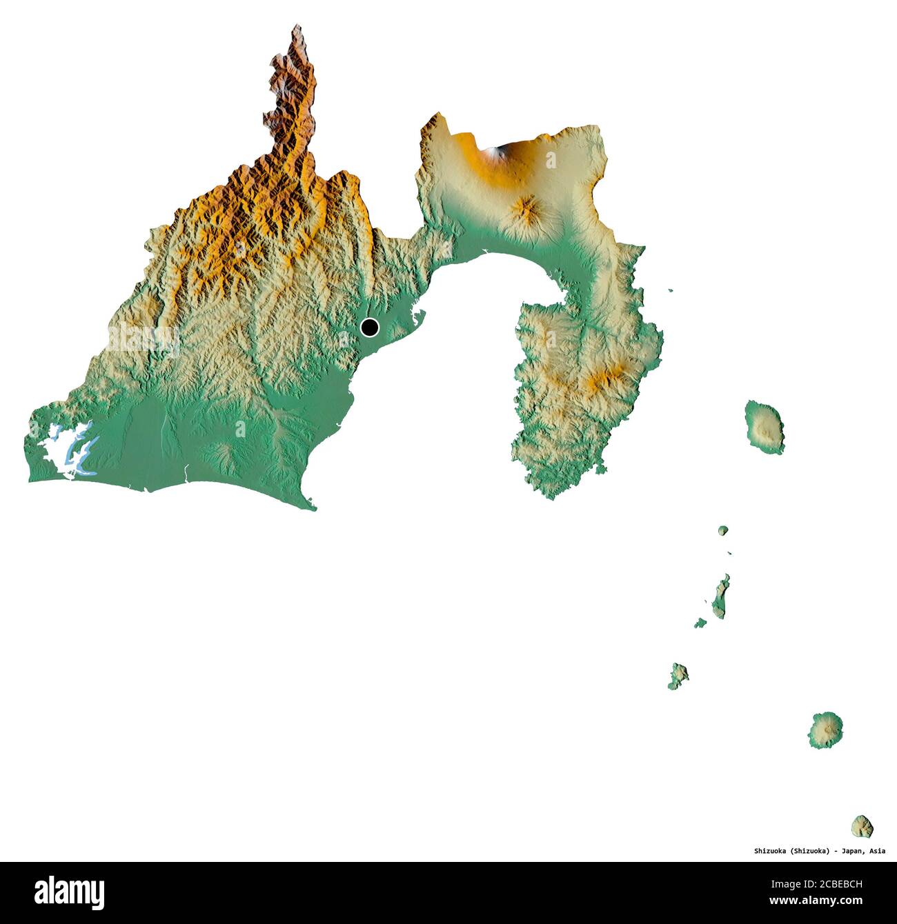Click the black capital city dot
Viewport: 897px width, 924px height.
click(370, 327)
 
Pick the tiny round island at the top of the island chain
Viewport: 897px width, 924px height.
click(722, 530)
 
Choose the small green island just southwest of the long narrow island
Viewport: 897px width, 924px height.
click(700, 623)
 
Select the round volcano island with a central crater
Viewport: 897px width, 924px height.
click(825, 730)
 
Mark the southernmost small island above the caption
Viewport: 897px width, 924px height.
click(862, 825)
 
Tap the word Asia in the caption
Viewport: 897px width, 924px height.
click(877, 851)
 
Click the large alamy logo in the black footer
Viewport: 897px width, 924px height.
click(70, 892)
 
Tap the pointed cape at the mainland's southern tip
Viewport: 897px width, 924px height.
click(314, 509)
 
